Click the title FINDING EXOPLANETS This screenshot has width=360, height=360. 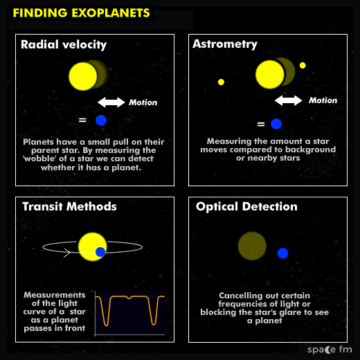point(81,12)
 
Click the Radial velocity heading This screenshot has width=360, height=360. point(64,45)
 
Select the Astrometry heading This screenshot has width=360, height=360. point(225,44)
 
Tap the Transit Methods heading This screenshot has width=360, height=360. point(69,206)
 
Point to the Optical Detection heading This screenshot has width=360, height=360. point(246,207)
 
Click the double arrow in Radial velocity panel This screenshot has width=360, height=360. point(111,102)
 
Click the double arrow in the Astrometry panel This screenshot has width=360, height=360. point(288,100)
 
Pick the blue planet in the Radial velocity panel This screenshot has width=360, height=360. point(101,120)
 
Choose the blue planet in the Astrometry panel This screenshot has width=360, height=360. point(276,124)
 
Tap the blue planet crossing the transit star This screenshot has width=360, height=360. point(100,252)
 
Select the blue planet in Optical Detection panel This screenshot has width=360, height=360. point(282,253)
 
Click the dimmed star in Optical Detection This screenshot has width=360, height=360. point(252,246)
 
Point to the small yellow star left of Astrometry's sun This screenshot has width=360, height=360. point(221,82)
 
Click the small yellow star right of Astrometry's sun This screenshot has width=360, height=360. point(303,66)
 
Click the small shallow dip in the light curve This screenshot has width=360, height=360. point(129,298)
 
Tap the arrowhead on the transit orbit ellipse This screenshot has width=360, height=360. point(67,253)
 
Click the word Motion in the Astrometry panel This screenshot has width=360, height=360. point(323,100)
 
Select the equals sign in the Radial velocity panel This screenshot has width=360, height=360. point(82,120)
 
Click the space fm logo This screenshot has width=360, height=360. point(330,350)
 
